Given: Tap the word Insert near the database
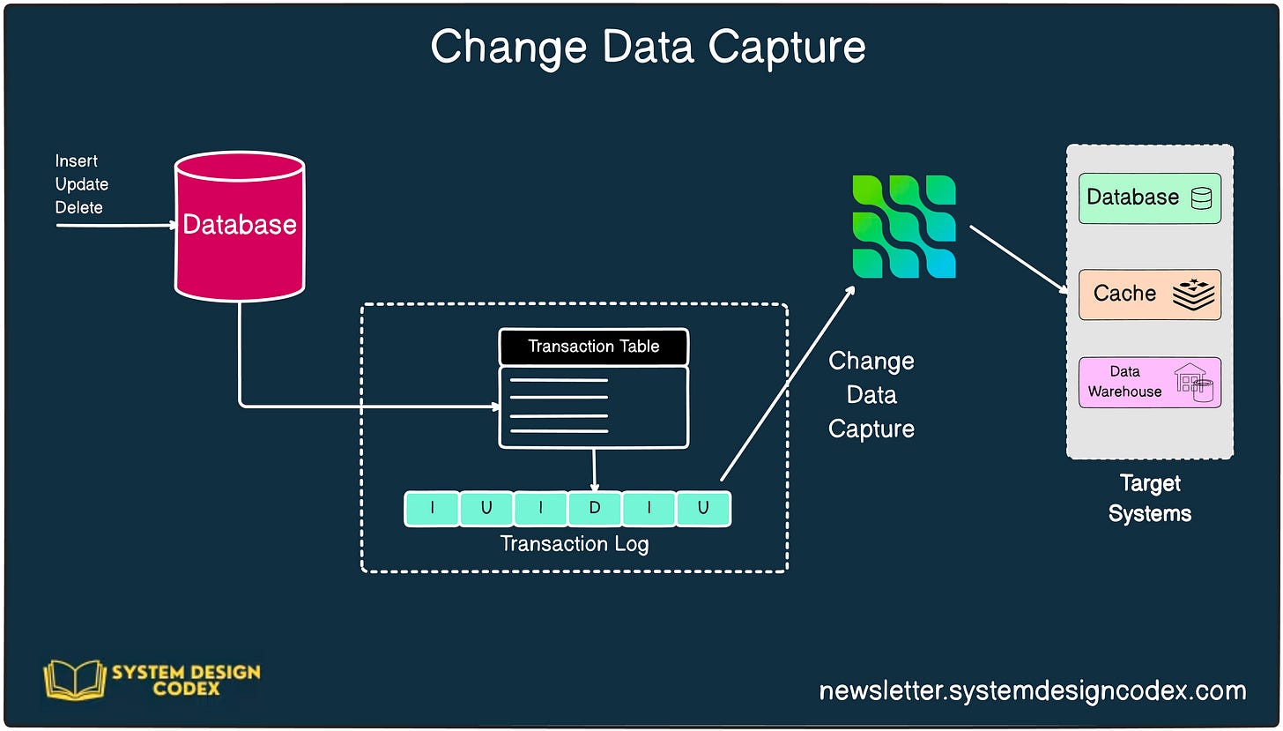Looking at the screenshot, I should [77, 161].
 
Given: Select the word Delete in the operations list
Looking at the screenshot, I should [79, 208].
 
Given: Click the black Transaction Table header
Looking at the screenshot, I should [593, 347].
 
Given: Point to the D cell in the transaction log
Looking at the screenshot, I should [595, 509].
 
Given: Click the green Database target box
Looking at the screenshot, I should [1149, 198].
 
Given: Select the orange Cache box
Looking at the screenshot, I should [1149, 294].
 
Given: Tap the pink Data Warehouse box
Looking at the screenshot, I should [1149, 382].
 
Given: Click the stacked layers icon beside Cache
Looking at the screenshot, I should [1193, 294].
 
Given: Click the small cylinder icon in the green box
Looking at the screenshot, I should [1201, 198].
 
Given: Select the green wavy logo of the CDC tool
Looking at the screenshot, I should [904, 227].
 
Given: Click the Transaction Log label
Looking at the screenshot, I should [575, 544].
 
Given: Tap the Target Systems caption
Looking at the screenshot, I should [1149, 498].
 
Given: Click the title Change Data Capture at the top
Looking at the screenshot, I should [648, 47].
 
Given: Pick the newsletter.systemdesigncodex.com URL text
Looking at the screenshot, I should [1033, 690].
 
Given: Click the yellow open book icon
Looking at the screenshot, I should [73, 680].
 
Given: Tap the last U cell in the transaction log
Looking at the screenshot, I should [703, 509].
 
